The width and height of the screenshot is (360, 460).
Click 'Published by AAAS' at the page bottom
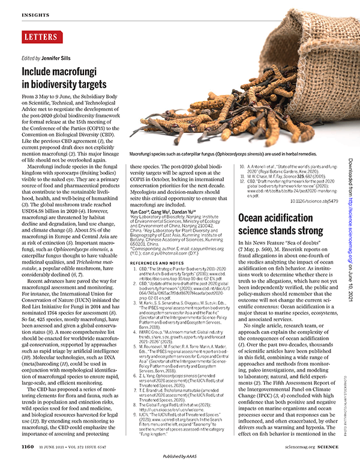(180, 456)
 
